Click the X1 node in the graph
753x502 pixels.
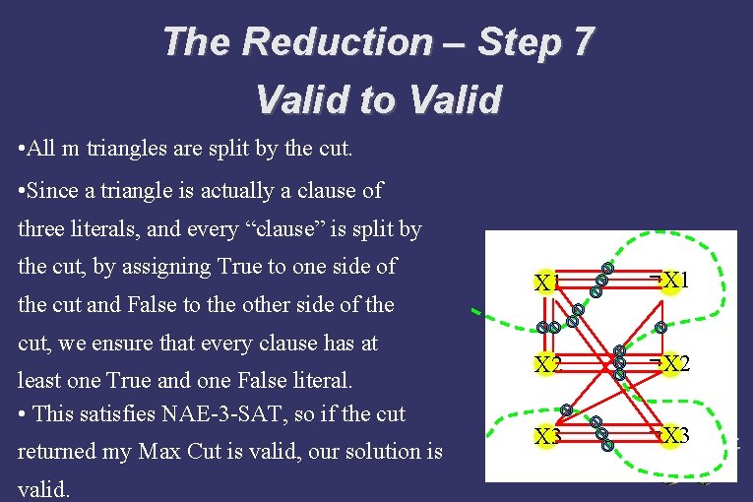545,282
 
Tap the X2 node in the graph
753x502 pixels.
545,365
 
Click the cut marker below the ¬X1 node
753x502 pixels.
661,327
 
